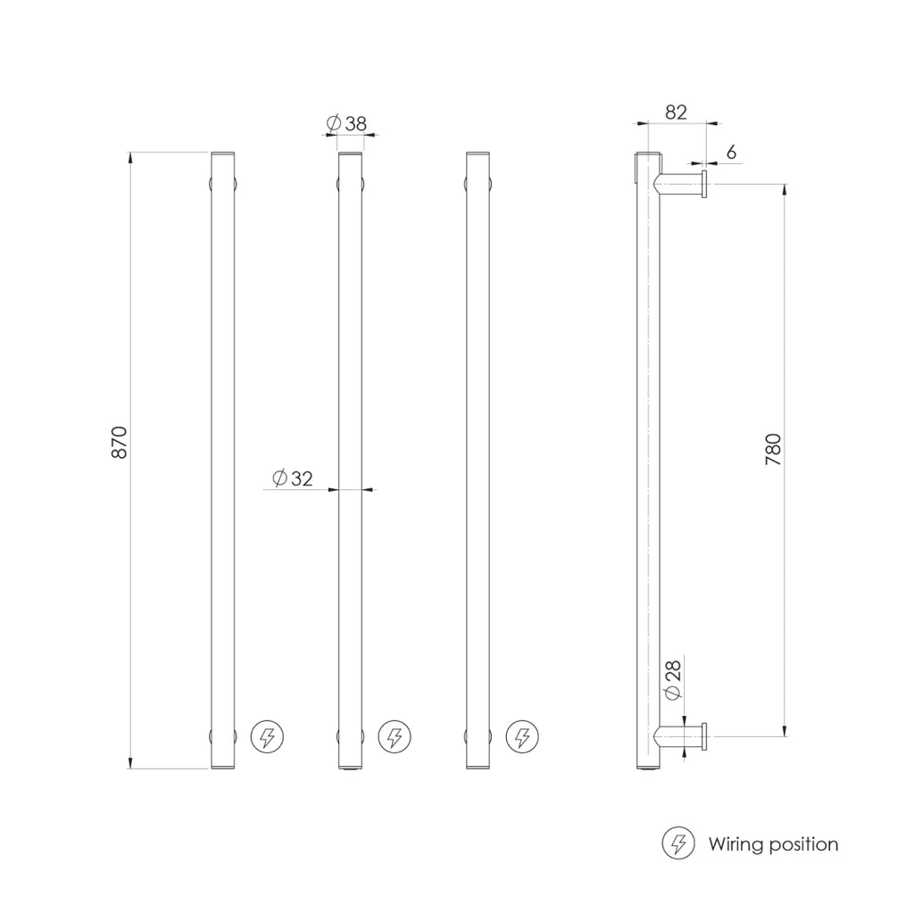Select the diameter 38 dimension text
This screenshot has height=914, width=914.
tap(348, 124)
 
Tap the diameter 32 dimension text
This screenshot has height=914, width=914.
tap(294, 478)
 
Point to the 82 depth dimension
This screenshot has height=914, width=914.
tap(676, 112)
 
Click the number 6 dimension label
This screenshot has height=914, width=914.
tap(731, 153)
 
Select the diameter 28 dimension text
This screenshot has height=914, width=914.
tap(673, 681)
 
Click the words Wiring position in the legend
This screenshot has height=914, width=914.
tap(773, 843)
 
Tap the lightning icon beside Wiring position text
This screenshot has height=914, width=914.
tap(678, 843)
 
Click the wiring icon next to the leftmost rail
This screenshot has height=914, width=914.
tap(266, 737)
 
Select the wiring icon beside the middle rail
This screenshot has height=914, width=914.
tap(394, 737)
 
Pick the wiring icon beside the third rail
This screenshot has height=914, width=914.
tap(522, 737)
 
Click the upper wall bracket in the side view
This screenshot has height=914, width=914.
tap(684, 186)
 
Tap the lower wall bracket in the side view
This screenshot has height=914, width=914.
tap(684, 737)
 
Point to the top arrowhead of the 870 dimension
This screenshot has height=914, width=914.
tap(131, 157)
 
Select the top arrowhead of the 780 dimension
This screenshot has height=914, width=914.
tap(785, 189)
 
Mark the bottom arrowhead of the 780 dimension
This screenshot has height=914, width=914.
tap(785, 732)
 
